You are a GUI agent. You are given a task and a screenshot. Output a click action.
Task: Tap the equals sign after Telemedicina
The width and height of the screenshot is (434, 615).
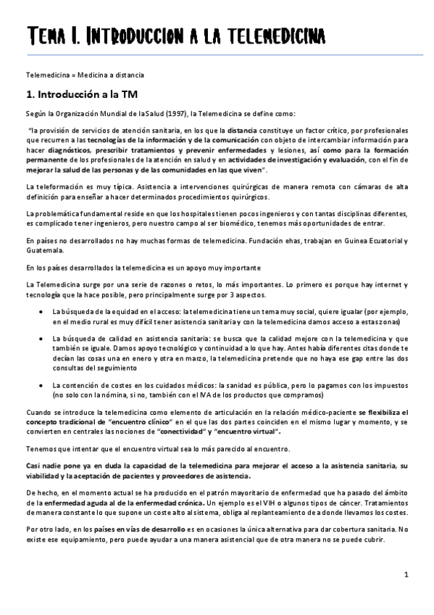pyautogui.click(x=69, y=75)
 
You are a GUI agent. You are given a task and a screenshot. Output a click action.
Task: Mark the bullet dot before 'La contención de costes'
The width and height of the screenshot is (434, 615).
pyautogui.click(x=40, y=384)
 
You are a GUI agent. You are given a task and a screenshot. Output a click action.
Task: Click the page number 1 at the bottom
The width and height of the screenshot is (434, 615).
pyautogui.click(x=407, y=575)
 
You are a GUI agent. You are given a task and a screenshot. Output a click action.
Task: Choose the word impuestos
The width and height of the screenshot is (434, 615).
pyautogui.click(x=383, y=384)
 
